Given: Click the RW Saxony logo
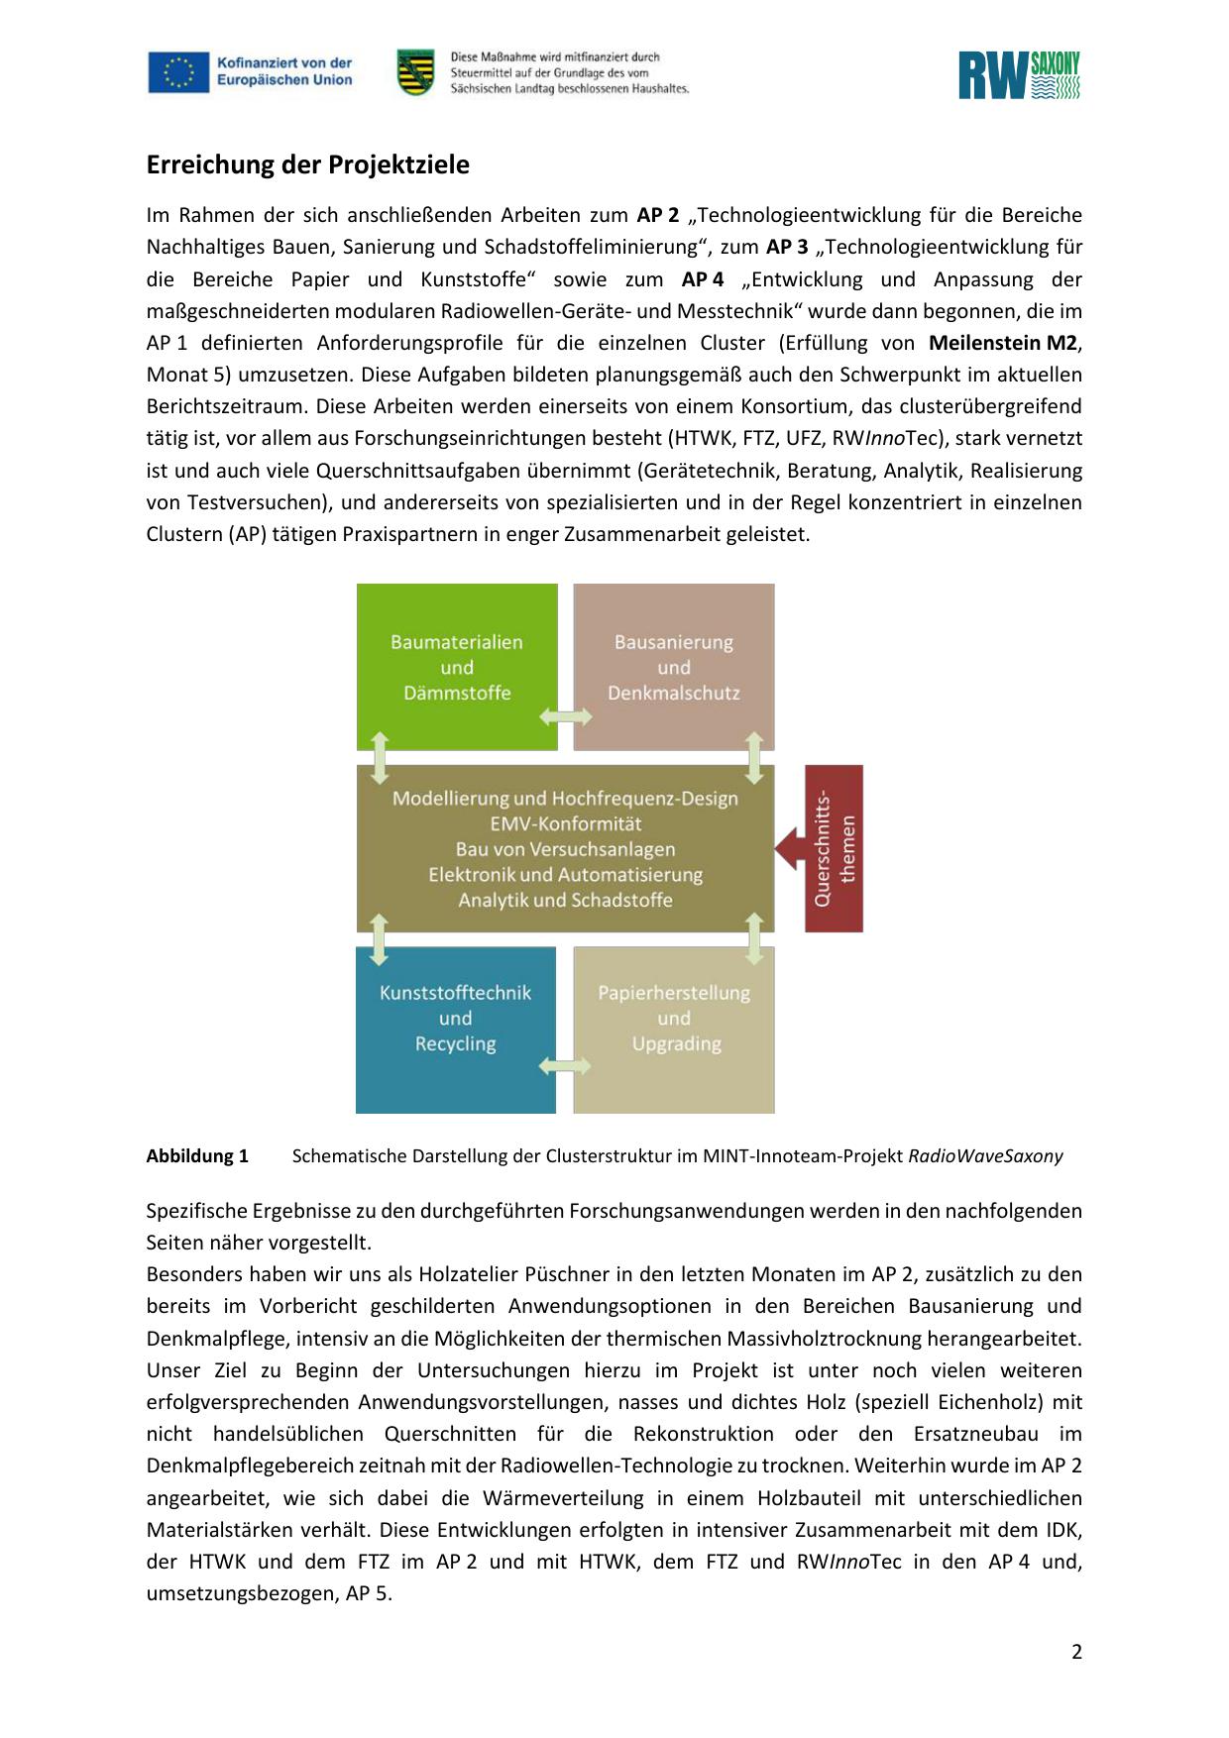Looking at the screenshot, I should [1019, 76].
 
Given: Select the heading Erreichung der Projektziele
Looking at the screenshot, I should [307, 164].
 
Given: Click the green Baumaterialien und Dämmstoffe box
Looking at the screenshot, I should [456, 666].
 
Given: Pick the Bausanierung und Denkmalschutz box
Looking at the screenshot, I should [674, 666].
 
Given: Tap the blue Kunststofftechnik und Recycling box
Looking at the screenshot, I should [455, 1018].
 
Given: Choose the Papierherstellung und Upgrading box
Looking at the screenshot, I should [674, 1018].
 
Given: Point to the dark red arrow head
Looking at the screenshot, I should [789, 848].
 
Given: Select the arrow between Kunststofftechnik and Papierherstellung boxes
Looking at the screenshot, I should [565, 1066].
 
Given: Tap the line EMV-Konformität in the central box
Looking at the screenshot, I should [565, 823].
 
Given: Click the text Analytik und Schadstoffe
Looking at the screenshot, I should [565, 900].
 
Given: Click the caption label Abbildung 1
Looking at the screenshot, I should [197, 1155].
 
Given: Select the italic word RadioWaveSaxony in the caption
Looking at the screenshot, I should [985, 1155].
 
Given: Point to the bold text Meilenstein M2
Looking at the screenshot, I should [1002, 343].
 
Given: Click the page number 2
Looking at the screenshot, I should [1076, 1652].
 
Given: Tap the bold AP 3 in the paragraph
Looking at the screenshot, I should [787, 247].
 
